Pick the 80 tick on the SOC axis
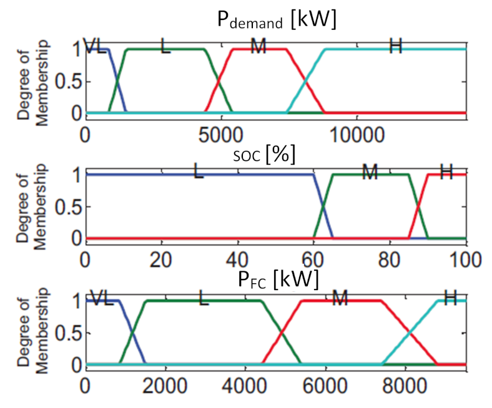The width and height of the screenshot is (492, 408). [390, 259]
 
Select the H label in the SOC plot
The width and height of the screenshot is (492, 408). [446, 173]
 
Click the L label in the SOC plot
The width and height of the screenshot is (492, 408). [198, 173]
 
